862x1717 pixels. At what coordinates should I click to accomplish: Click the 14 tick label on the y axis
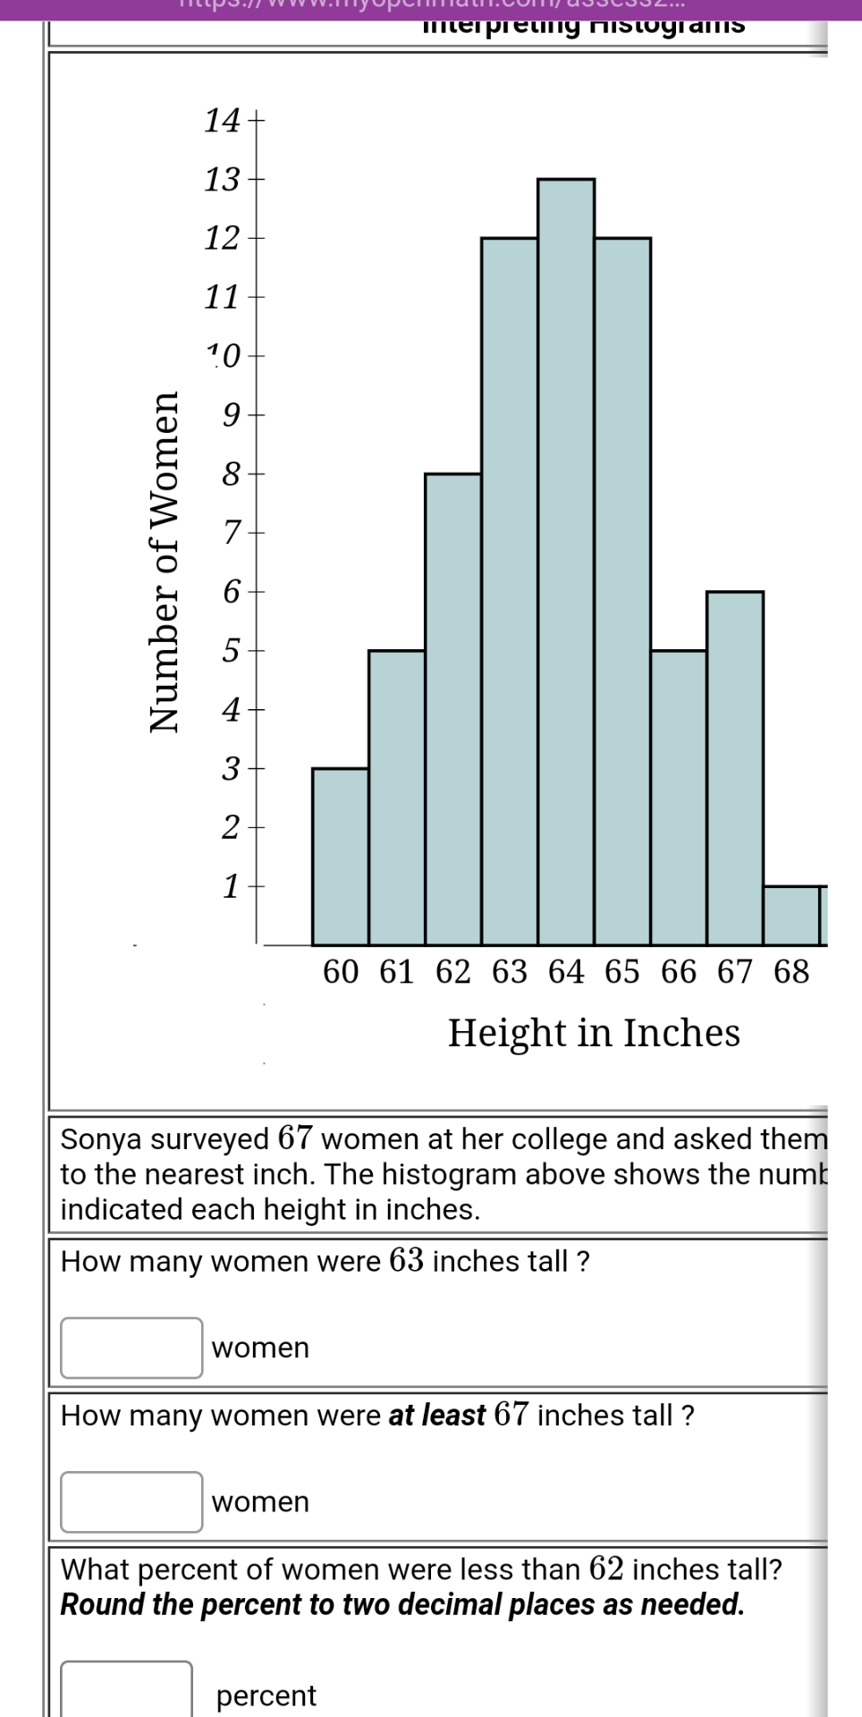(222, 120)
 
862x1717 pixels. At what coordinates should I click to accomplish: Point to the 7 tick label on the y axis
(232, 533)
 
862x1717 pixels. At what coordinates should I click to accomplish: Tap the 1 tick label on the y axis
(231, 886)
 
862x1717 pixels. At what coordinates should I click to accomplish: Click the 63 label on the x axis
(510, 971)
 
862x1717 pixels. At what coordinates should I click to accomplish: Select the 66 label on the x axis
(679, 971)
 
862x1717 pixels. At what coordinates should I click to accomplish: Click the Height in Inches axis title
(594, 1033)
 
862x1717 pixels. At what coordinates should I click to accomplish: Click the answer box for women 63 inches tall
(131, 1348)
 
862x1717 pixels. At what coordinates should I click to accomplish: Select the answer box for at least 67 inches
(131, 1501)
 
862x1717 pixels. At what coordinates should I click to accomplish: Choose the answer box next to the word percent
(126, 1690)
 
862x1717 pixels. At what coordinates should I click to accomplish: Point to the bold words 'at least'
(436, 1416)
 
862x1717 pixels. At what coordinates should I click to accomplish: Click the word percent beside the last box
(266, 1696)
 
